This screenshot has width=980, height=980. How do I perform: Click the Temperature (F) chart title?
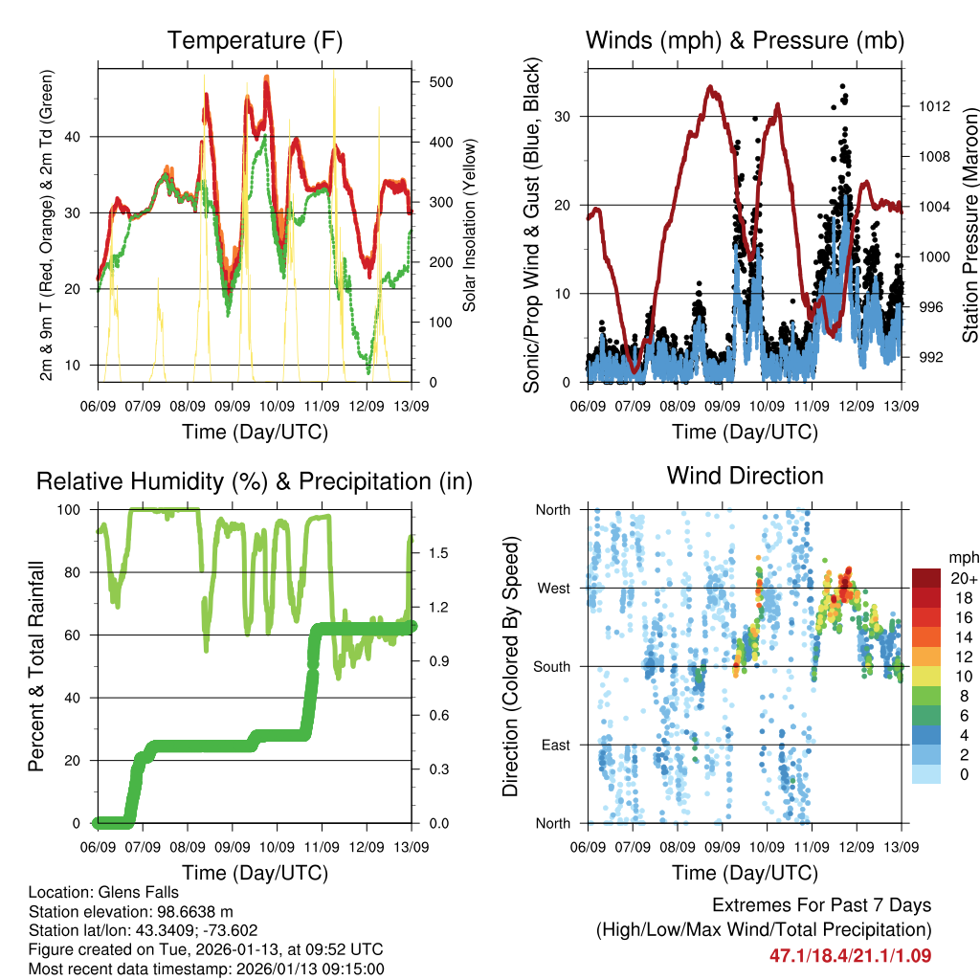[255, 40]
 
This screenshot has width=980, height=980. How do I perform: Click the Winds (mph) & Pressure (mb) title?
[745, 40]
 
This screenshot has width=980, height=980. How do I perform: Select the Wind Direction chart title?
[745, 476]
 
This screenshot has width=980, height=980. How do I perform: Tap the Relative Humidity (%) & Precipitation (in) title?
[255, 481]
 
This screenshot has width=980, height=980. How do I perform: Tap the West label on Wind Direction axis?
[552, 588]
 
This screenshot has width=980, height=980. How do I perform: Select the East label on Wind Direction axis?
[553, 745]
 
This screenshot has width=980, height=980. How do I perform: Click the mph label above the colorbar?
[961, 557]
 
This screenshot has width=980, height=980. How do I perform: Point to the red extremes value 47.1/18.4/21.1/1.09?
[850, 955]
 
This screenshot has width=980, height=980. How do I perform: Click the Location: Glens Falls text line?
[102, 892]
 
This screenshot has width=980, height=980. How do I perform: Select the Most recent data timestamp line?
[206, 969]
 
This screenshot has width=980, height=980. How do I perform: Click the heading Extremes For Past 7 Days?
[821, 905]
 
